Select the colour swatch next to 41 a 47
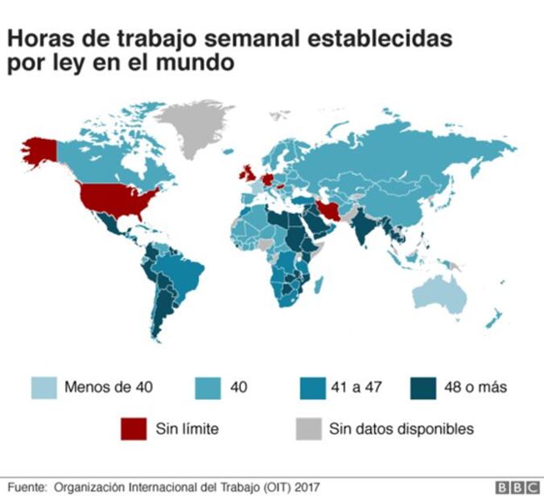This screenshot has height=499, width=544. pos(310,388)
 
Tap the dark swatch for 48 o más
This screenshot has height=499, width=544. pos(422,388)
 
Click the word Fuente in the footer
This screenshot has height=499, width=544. pos(27,487)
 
